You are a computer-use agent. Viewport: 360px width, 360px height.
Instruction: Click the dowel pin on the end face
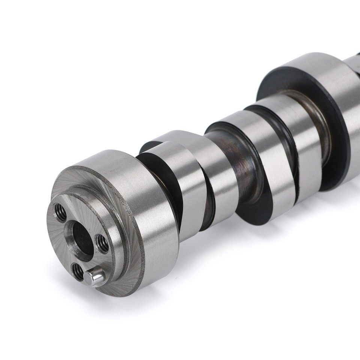pos(94,277)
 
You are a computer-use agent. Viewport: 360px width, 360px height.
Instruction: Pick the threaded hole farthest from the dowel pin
pos(60,213)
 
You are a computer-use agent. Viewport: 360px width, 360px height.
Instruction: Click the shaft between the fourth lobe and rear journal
pos(319,124)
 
